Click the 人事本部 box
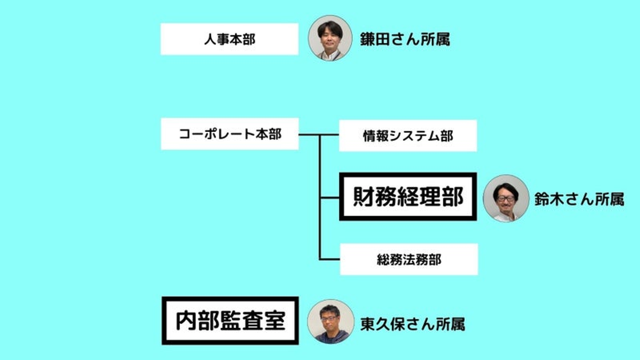click(x=229, y=39)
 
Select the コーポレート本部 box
click(x=229, y=134)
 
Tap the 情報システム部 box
click(x=408, y=136)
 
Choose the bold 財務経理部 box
click(x=408, y=196)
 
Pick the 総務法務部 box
click(x=408, y=259)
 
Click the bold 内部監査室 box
click(x=230, y=320)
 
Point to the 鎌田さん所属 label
click(x=404, y=39)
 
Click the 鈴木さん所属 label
click(x=579, y=199)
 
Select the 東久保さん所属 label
click(x=412, y=324)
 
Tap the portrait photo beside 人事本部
click(x=330, y=38)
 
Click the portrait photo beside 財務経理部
click(x=506, y=198)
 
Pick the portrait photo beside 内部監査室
click(x=330, y=321)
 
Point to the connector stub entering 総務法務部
click(x=330, y=259)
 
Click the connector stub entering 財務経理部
click(x=330, y=197)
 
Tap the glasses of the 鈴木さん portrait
click(x=506, y=198)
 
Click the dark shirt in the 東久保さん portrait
click(x=330, y=336)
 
